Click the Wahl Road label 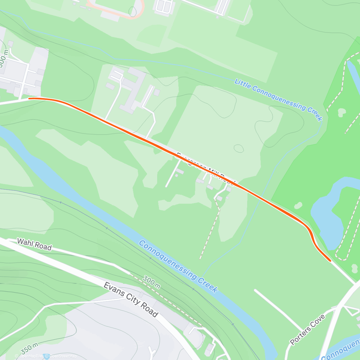pos(34,244)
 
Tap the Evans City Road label pos(131,299)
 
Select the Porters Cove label pos(307,329)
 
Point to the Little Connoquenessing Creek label pos(278,99)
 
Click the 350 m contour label pos(29,349)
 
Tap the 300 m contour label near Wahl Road pos(151,282)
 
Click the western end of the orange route pos(29,98)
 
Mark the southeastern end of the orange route pos(330,261)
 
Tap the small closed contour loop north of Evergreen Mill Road pos(239,148)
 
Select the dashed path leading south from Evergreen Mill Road pos(210,231)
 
